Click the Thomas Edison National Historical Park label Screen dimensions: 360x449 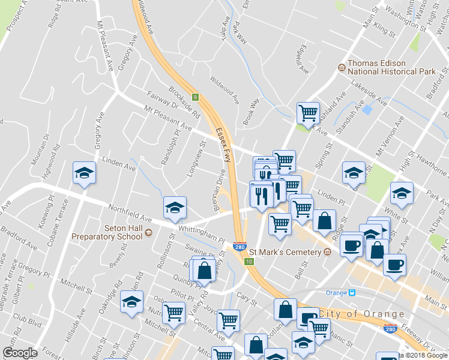391,67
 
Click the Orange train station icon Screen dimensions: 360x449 352,293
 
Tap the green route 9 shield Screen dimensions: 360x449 195,97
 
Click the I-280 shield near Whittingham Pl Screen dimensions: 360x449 239,246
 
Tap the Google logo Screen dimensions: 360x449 19,353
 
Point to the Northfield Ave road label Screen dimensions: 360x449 130,214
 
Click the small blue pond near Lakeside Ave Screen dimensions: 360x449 367,110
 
